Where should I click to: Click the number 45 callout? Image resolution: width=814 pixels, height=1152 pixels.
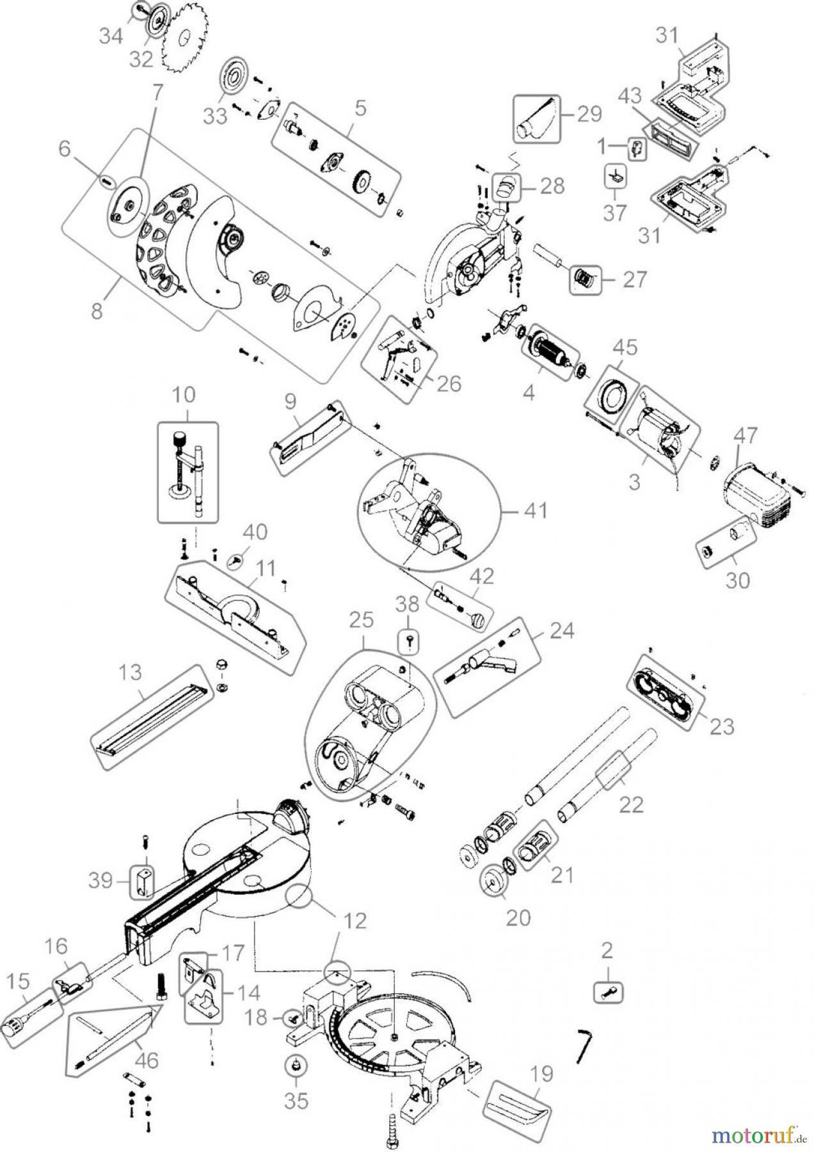click(625, 348)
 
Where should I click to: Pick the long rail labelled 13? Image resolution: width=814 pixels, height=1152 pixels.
click(152, 713)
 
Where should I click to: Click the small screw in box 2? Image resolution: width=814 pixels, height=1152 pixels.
click(609, 992)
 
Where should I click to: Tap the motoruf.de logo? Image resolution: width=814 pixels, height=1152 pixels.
click(758, 1136)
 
